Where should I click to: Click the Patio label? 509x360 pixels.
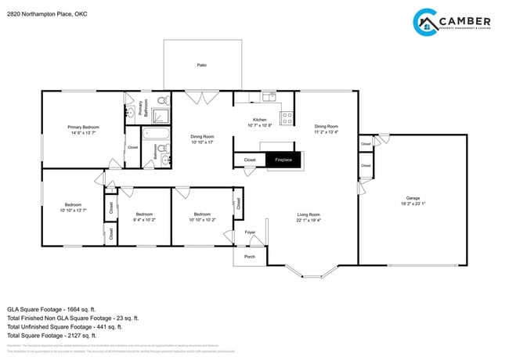click(201, 66)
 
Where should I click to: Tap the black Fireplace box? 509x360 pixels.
click(282, 160)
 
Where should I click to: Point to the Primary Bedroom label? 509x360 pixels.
click(83, 127)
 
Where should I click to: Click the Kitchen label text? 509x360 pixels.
click(259, 120)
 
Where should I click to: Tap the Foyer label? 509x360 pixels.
click(251, 232)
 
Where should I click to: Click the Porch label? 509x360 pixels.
click(250, 257)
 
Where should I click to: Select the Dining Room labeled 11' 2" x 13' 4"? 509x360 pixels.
click(326, 126)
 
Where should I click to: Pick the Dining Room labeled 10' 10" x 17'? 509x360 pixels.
click(202, 137)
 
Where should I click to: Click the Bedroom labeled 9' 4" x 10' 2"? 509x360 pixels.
click(144, 214)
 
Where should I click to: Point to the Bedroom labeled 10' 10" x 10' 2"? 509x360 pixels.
click(202, 214)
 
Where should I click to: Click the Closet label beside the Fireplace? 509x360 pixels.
click(249, 160)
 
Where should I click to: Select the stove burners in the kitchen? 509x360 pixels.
click(287, 119)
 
